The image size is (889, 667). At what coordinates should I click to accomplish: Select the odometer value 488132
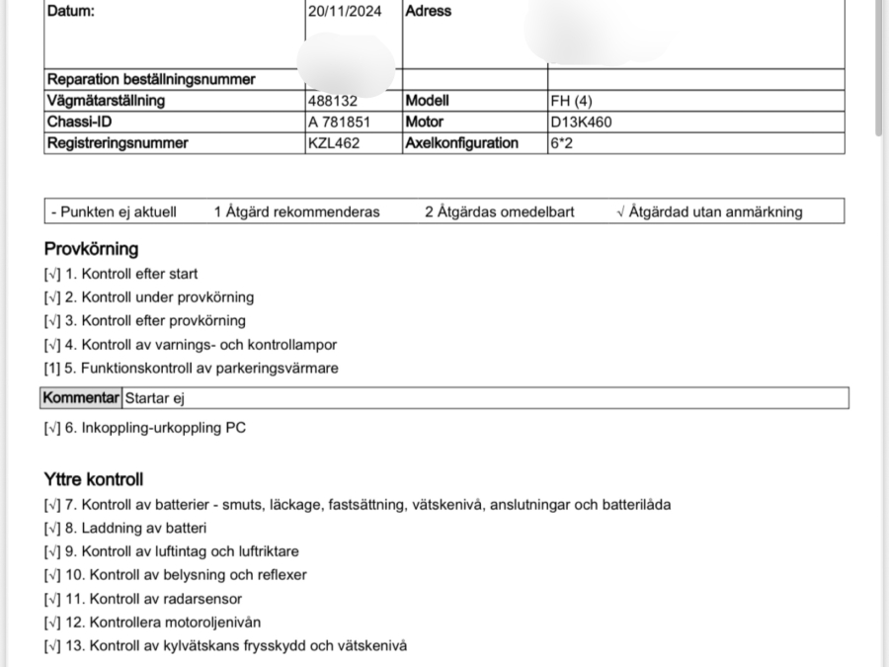click(332, 101)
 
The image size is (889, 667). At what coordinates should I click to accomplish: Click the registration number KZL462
click(334, 143)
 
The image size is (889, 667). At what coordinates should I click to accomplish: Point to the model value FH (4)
click(572, 101)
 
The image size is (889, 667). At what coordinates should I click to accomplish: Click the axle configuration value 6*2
click(561, 143)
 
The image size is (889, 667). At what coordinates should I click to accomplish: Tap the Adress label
click(429, 12)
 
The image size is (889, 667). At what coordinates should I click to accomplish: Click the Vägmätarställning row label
click(106, 101)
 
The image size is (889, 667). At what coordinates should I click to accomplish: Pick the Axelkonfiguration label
click(461, 143)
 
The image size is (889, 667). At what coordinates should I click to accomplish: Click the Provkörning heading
click(91, 249)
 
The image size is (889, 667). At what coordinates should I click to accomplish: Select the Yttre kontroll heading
click(94, 479)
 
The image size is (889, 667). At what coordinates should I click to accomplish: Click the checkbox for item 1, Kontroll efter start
click(52, 274)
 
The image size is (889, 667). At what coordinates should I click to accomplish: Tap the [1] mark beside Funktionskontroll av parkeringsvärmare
click(52, 369)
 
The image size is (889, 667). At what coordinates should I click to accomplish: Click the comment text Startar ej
click(154, 398)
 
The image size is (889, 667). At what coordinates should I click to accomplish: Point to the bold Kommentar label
click(81, 398)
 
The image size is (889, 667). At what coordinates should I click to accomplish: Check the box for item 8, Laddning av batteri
click(52, 529)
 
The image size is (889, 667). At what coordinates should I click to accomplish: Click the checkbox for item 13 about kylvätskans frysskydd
click(52, 646)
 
